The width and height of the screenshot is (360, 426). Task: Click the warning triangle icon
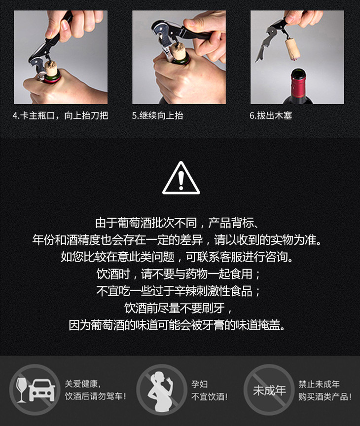pos(181,178)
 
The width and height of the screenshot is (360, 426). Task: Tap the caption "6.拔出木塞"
pos(271,116)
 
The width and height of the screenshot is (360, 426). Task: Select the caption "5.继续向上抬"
pos(157,116)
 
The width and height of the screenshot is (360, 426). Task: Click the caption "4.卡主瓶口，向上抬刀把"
pos(60,116)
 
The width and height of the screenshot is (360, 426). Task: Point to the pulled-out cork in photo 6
pos(292,49)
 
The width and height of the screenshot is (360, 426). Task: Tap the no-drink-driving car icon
pos(35,389)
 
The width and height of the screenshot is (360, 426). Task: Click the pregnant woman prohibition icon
pos(162,389)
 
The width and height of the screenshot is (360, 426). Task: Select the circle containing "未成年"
pos(269,389)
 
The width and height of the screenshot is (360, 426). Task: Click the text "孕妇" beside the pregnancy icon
pos(200,384)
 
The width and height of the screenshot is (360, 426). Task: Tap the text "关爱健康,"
pos(82,384)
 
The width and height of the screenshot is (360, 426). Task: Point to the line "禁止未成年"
pos(319,384)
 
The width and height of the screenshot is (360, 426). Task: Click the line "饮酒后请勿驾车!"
pos(95,396)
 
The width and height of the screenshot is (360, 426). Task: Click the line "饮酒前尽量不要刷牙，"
pos(178,308)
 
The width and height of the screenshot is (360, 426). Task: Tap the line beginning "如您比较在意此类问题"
pos(177,257)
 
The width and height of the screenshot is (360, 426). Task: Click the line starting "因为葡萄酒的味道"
pos(177,325)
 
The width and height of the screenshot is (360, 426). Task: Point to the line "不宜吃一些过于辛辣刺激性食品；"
pos(178,291)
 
